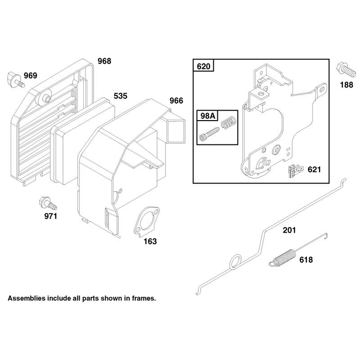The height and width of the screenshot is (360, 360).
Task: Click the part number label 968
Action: [x=104, y=61]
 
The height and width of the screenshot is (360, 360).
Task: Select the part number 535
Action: [x=120, y=96]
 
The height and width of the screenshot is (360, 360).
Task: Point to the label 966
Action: [x=176, y=100]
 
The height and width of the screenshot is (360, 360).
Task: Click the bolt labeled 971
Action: [x=48, y=203]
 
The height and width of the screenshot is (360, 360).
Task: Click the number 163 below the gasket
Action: [x=150, y=241]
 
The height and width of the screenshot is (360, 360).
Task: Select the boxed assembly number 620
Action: [x=204, y=66]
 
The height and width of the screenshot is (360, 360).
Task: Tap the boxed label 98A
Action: [x=208, y=116]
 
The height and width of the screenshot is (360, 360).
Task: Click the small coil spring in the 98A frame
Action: [x=229, y=123]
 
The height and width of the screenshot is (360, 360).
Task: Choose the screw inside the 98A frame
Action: [x=209, y=134]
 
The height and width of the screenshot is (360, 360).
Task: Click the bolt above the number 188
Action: [x=346, y=69]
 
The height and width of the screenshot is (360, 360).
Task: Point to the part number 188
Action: [x=346, y=85]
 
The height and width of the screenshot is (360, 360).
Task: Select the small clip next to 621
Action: [x=295, y=171]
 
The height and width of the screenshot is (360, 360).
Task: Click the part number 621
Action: [x=314, y=170]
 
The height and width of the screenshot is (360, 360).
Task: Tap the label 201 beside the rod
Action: [x=289, y=230]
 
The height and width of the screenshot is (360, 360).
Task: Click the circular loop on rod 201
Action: [x=235, y=261]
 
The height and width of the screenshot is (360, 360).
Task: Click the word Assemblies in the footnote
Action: [x=27, y=298]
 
